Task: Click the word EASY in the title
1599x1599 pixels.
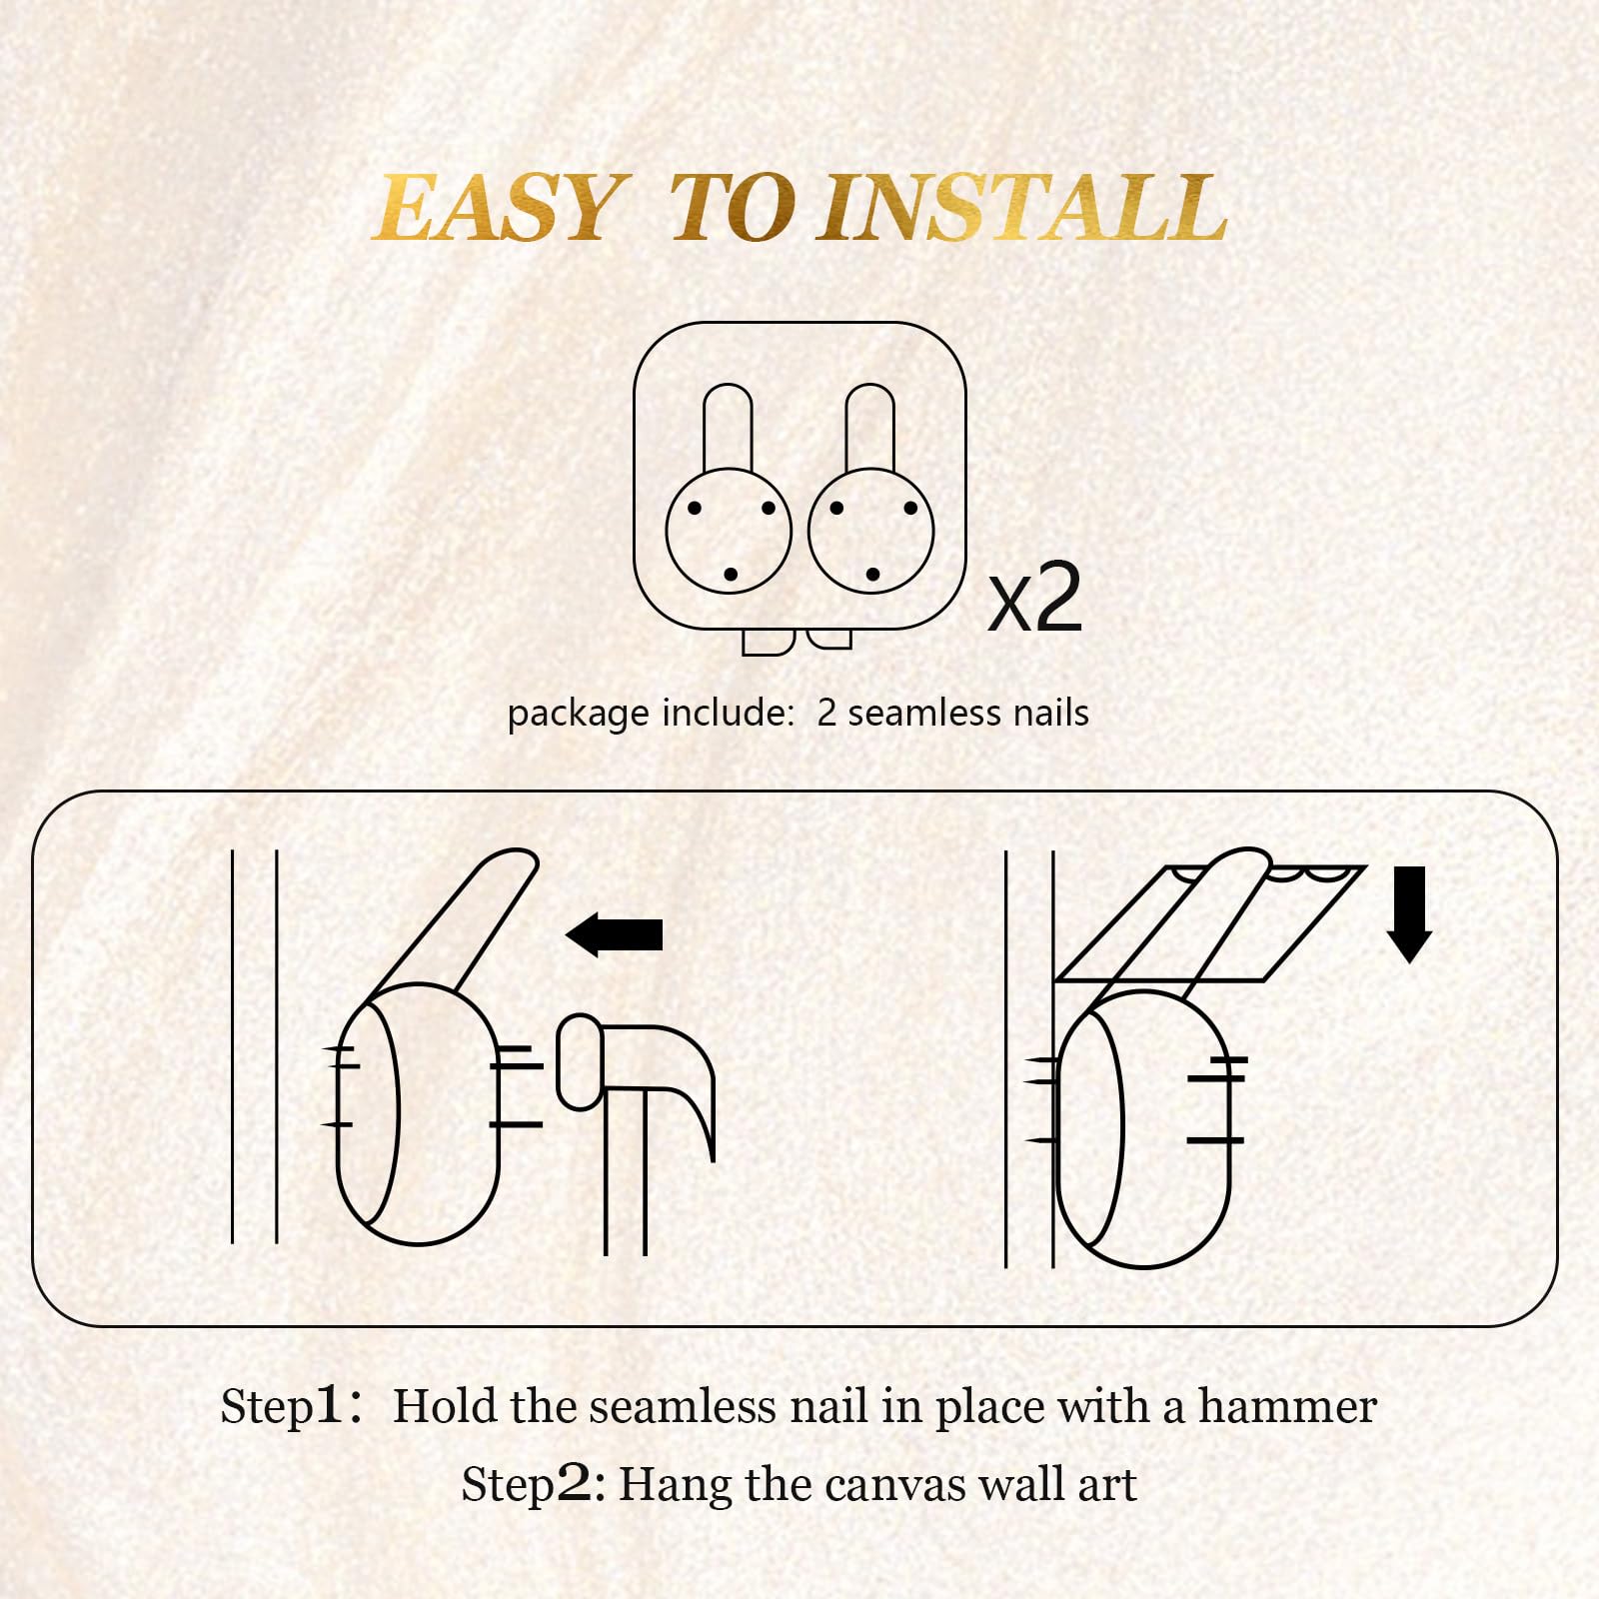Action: click(x=497, y=208)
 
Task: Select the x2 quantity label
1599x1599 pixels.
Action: click(x=1035, y=598)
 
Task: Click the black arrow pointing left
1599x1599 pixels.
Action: click(x=614, y=934)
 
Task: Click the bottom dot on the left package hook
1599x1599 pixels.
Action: click(x=731, y=575)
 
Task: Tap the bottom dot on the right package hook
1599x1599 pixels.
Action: click(x=872, y=575)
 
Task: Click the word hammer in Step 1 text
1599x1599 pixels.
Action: click(x=1287, y=1407)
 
